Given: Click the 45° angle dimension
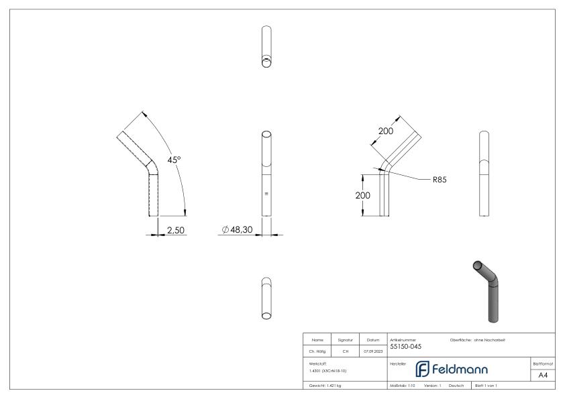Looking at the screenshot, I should (x=174, y=160).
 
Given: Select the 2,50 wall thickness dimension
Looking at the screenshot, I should (x=176, y=230).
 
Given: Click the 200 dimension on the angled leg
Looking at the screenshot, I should (x=386, y=131).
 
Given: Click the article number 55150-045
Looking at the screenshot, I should (x=406, y=346).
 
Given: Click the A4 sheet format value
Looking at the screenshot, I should (x=544, y=375).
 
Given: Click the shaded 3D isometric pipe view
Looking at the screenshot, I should (x=492, y=288).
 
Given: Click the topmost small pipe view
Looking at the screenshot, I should (x=266, y=47).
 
